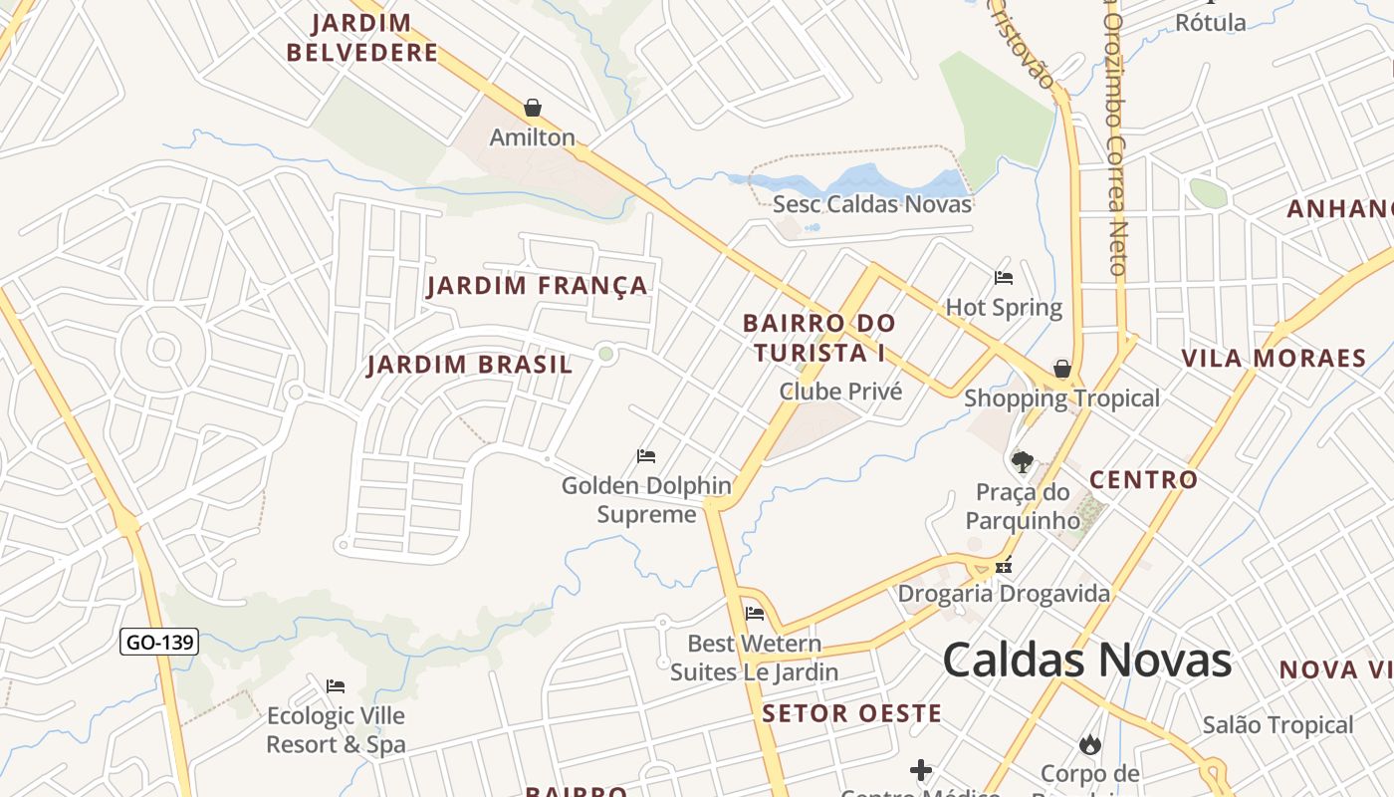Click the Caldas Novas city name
pyautogui.click(x=1086, y=661)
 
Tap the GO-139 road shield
pyautogui.click(x=159, y=643)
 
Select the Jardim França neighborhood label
pyautogui.click(x=538, y=286)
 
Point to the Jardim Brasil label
pyautogui.click(x=470, y=365)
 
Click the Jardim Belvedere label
pyautogui.click(x=362, y=38)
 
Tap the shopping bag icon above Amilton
pyautogui.click(x=533, y=108)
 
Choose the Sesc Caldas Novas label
pyautogui.click(x=872, y=204)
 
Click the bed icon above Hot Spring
pyautogui.click(x=1004, y=278)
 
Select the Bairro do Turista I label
pyautogui.click(x=818, y=338)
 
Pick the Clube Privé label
pyautogui.click(x=840, y=392)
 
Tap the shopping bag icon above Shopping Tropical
pyautogui.click(x=1062, y=369)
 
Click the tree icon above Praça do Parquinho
pyautogui.click(x=1022, y=461)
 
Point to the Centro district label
pyautogui.click(x=1144, y=480)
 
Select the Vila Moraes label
pyautogui.click(x=1274, y=359)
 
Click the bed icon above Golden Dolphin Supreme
pyautogui.click(x=646, y=456)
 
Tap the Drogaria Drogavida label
pyautogui.click(x=1004, y=595)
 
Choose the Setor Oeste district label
pyautogui.click(x=852, y=713)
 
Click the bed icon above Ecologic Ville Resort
pyautogui.click(x=336, y=686)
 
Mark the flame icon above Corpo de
pyautogui.click(x=1089, y=744)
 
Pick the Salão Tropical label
pyautogui.click(x=1278, y=725)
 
